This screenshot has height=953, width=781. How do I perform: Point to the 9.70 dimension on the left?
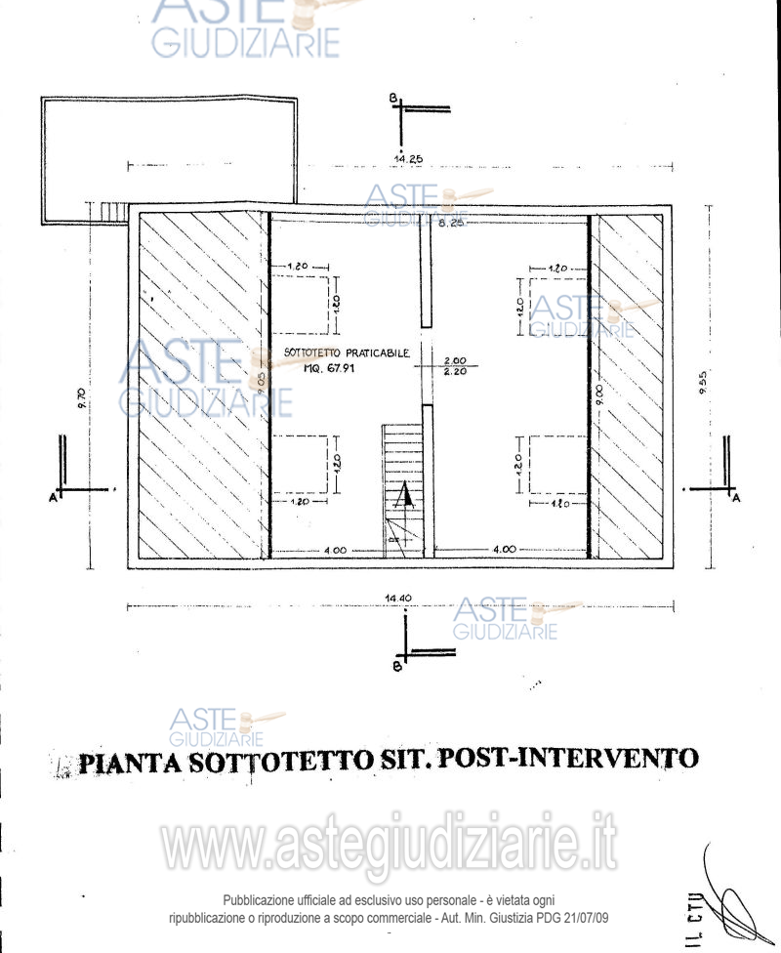82,397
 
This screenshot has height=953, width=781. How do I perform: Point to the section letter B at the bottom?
395,667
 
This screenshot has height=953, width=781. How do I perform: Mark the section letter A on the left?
51,498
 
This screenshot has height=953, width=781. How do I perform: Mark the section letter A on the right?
735,498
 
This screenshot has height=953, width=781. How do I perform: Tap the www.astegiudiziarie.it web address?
390,846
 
